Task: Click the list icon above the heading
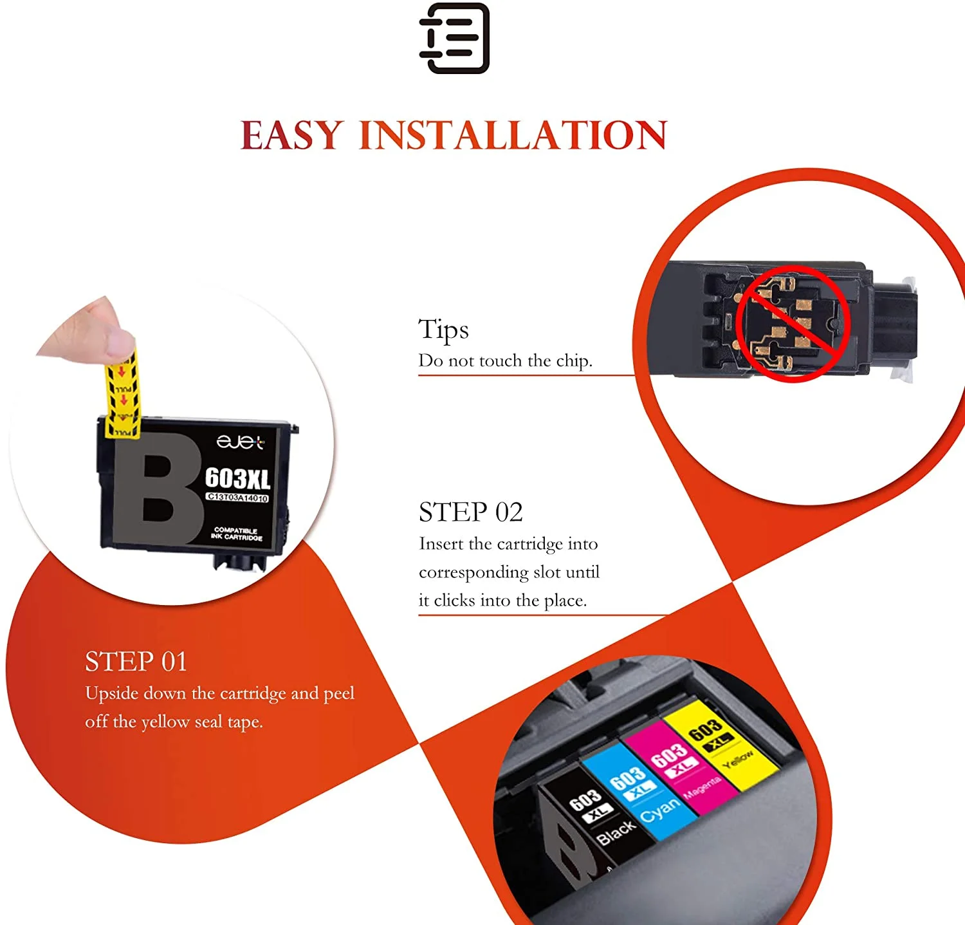(x=454, y=39)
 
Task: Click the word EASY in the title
(x=292, y=135)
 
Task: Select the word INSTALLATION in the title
(x=512, y=135)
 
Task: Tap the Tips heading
(x=443, y=330)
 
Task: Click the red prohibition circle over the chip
(x=793, y=323)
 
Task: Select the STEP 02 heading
(x=470, y=512)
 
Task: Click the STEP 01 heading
(x=136, y=662)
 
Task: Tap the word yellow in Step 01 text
(x=165, y=722)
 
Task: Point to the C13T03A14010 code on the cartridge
(x=237, y=498)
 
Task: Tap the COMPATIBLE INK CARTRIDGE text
(x=236, y=534)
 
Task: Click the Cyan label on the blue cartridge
(x=660, y=810)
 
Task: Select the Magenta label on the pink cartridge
(x=702, y=787)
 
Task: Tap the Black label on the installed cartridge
(x=616, y=834)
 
